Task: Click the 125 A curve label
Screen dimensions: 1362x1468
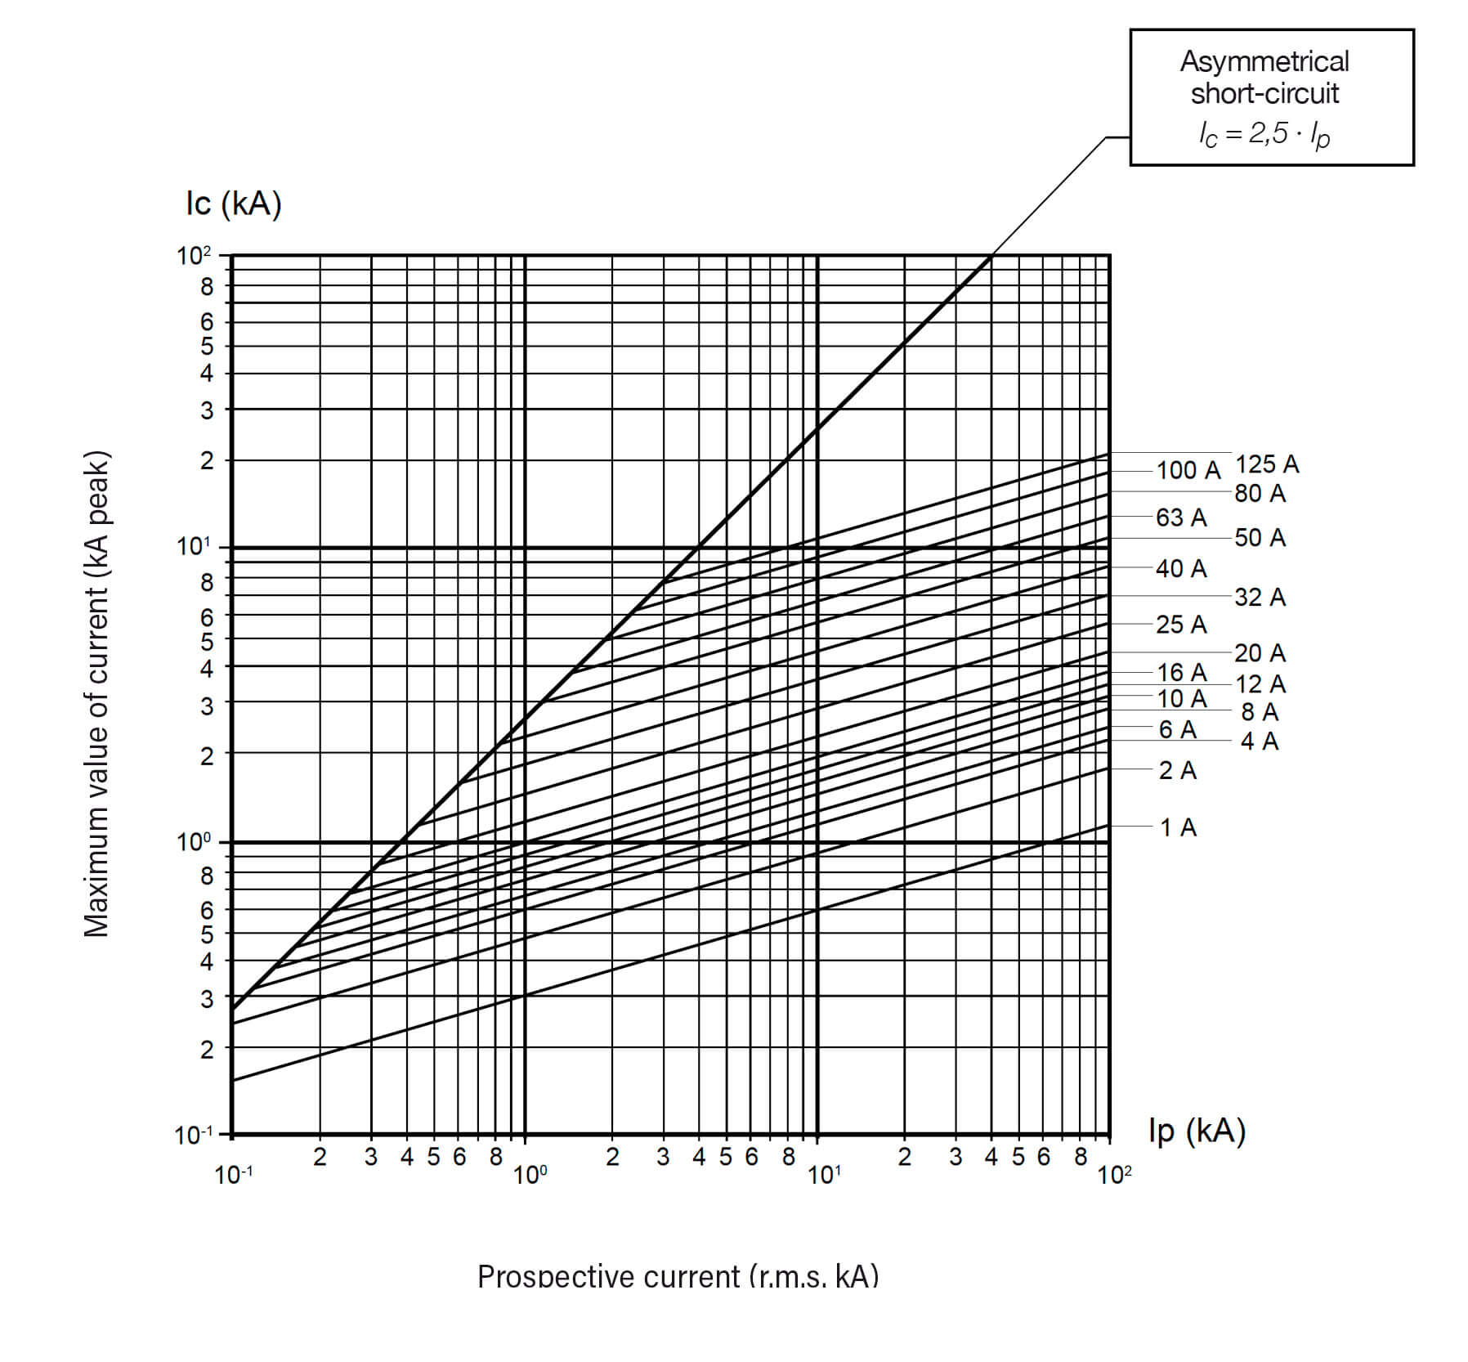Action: (1266, 464)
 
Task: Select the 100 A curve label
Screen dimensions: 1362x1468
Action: (1188, 470)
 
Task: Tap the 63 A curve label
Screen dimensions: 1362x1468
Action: (1181, 517)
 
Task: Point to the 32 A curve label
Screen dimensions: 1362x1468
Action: (1260, 598)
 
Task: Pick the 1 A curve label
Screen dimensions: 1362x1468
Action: (1178, 828)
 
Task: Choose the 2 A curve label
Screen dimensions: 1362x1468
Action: (1177, 770)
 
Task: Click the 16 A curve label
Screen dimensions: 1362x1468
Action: (1181, 672)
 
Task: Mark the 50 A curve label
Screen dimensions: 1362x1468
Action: (1260, 538)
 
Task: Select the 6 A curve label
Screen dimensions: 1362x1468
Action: (1177, 729)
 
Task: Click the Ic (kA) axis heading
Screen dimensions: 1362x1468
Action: (234, 204)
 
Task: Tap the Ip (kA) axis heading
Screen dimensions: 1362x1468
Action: (1197, 1131)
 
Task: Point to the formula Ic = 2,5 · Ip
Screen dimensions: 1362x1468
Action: (1264, 134)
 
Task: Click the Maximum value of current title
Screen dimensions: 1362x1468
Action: (96, 693)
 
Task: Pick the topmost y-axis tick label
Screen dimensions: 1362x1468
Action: (194, 256)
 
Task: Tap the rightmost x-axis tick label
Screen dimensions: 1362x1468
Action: (1114, 1176)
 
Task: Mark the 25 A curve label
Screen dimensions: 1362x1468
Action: (1181, 625)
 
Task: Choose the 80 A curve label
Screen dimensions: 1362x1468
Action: (1260, 494)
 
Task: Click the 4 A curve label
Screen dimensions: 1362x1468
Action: (1259, 741)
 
